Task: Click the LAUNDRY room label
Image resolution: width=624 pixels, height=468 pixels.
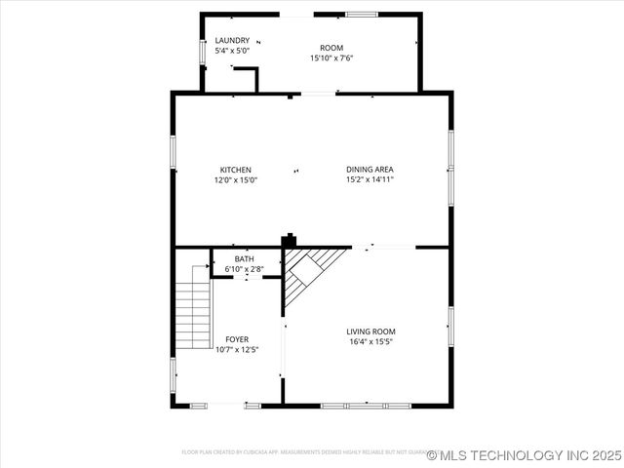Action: tap(232, 40)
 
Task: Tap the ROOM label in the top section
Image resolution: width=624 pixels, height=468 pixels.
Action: tap(331, 48)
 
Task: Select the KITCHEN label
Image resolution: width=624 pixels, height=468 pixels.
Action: tap(235, 170)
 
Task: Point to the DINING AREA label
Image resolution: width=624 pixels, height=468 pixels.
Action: tap(370, 170)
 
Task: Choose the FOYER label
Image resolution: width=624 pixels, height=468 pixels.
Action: tap(237, 339)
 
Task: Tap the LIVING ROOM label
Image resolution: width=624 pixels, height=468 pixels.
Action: tap(370, 331)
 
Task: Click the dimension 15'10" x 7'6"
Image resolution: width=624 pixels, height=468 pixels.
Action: tap(331, 58)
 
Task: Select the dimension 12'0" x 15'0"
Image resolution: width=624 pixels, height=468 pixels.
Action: tap(235, 179)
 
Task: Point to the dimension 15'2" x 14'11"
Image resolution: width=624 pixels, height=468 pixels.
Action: tap(370, 179)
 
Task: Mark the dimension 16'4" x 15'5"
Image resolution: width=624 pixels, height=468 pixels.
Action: tap(370, 341)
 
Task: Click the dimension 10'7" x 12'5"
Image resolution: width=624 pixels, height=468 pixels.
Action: tap(237, 349)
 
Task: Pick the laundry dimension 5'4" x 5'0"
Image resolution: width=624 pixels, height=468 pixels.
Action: tap(232, 50)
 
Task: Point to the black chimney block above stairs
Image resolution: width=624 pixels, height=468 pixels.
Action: tap(289, 240)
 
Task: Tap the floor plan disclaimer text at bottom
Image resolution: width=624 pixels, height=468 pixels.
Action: tap(302, 452)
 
